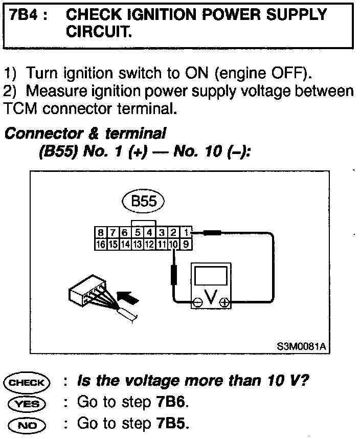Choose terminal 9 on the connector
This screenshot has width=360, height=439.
[187, 245]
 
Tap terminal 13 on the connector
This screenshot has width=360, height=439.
[137, 245]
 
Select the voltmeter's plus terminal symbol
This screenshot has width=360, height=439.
[223, 302]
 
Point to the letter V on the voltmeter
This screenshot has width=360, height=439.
[211, 295]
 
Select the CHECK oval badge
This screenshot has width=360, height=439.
[27, 382]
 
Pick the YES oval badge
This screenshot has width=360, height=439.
[27, 403]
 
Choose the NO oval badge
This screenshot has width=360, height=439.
[27, 424]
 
